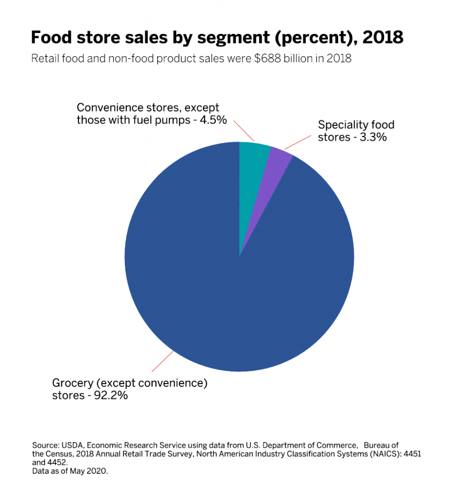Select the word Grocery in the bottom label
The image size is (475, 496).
click(73, 383)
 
